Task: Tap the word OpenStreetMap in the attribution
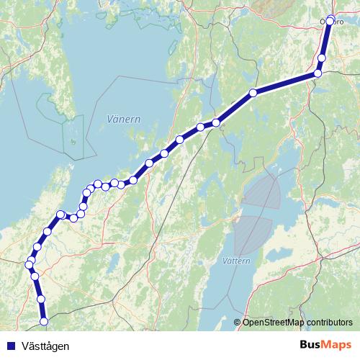pos(274,323)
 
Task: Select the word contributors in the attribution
pos(330,323)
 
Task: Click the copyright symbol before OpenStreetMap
pos(237,323)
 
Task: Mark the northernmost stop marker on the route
pos(330,20)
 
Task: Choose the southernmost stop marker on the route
pos(44,321)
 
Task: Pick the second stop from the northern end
pos(322,58)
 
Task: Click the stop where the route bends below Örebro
pos(318,73)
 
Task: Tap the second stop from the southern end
pos(41,298)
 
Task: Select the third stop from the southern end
pos(35,276)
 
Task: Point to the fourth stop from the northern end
pos(253,93)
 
